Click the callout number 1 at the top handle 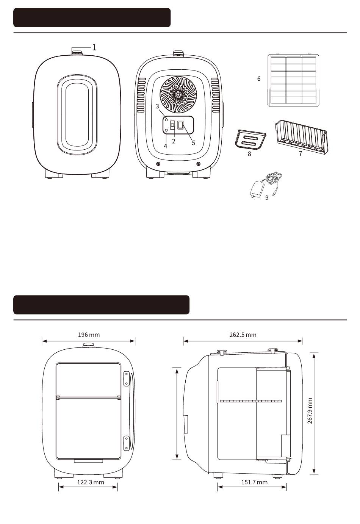pos(94,47)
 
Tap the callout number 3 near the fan pos(157,106)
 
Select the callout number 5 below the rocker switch pos(193,143)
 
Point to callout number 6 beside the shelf pos(259,79)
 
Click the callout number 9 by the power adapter pos(267,198)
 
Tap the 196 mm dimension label pos(89,335)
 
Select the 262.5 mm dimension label pos(243,335)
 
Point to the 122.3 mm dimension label pos(91,482)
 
